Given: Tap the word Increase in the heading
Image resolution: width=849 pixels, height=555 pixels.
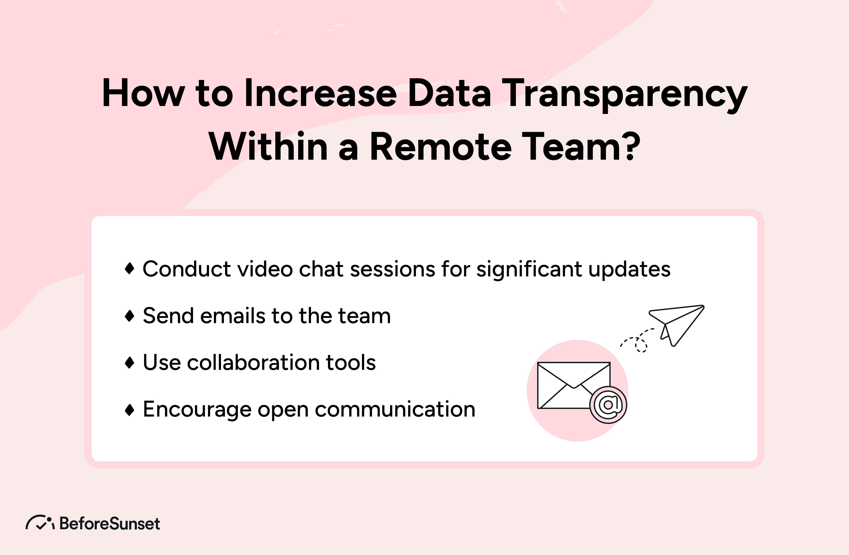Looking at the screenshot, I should [x=320, y=93].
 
